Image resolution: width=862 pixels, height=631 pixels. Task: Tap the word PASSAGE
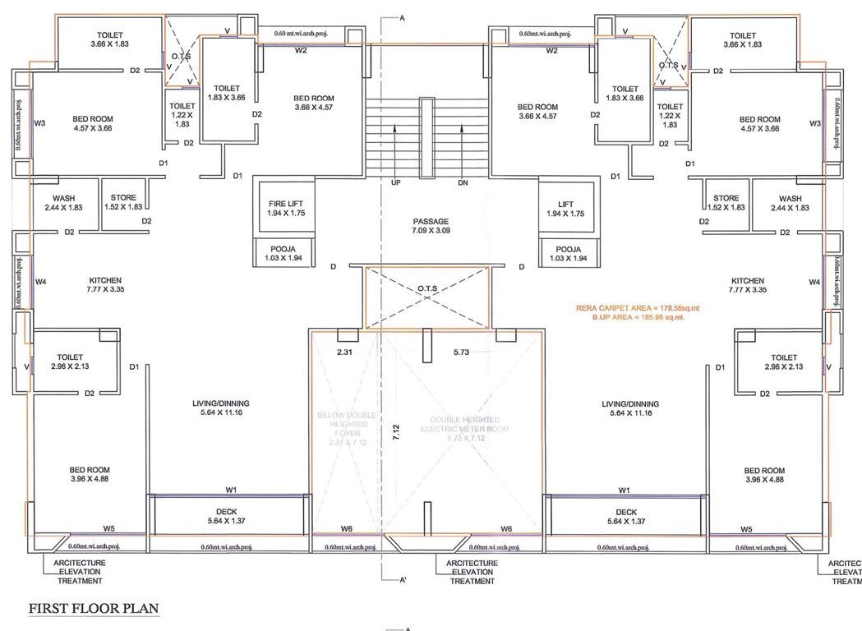[x=431, y=221]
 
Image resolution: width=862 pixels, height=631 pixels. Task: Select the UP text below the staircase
[x=395, y=182]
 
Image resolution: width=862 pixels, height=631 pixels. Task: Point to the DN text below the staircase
[x=463, y=182]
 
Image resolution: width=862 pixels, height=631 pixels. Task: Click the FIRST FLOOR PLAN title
[x=94, y=609]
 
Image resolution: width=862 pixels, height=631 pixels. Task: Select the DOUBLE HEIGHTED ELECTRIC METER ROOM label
[x=465, y=422]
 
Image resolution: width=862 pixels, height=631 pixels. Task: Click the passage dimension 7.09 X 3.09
[x=431, y=231]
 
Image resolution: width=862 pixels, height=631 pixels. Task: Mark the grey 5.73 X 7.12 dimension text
[x=465, y=440]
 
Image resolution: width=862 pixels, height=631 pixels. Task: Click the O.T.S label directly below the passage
[x=427, y=288]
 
